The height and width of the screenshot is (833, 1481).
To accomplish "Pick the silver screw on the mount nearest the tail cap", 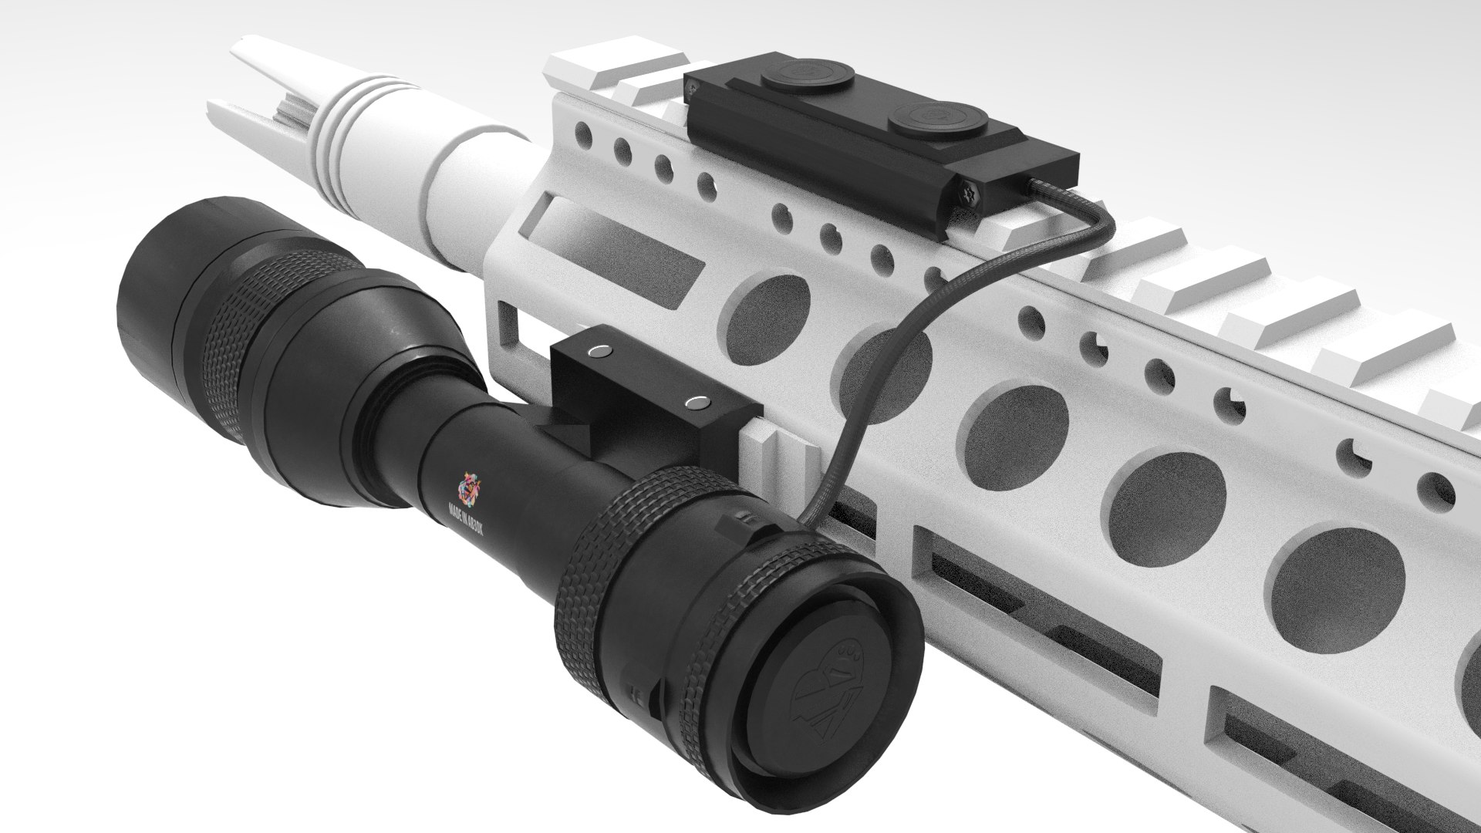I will (x=698, y=402).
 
